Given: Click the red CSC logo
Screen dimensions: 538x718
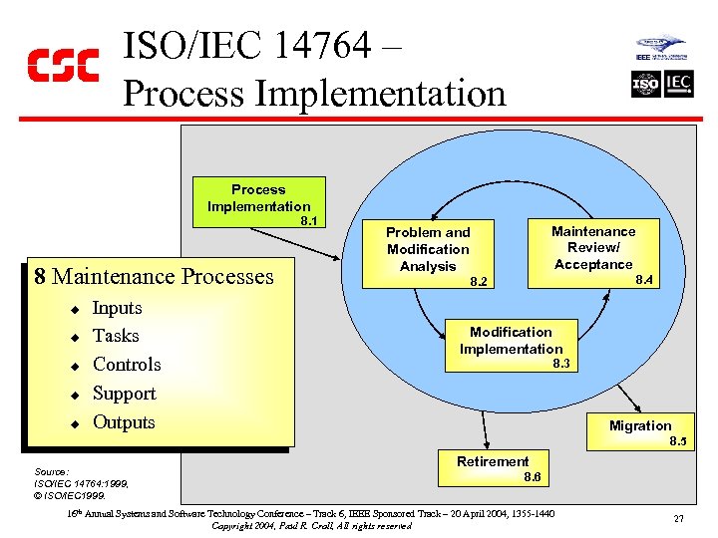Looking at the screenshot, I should (62, 66).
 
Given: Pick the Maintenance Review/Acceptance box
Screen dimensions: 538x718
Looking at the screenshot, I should (594, 252).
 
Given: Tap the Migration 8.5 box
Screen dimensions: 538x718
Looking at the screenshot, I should (641, 429).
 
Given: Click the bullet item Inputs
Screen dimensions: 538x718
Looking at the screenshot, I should (117, 308).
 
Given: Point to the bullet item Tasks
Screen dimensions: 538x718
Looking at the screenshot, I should (116, 336).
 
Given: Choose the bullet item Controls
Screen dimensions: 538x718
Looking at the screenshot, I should (127, 365).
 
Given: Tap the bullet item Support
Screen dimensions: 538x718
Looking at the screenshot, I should (124, 394).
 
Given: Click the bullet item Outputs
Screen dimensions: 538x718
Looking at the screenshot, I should (124, 422).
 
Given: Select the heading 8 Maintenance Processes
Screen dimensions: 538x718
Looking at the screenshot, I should (153, 276).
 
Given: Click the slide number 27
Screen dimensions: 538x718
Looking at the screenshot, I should (678, 519).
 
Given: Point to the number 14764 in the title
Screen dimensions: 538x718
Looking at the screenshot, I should (318, 46).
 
